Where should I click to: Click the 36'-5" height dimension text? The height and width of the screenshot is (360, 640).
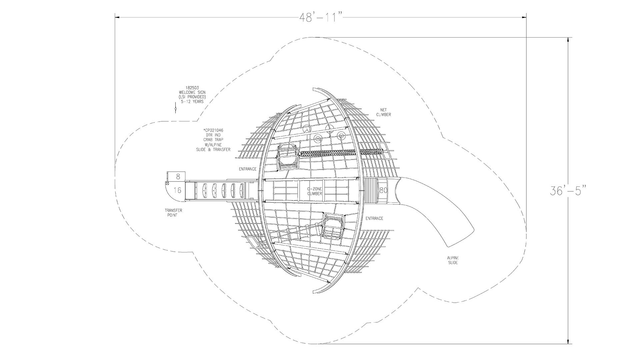tap(568, 190)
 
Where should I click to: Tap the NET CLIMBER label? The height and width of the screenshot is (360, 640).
tap(383, 112)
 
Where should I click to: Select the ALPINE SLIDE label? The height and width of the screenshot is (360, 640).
tap(453, 260)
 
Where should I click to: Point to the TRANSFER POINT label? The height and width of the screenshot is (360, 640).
tap(173, 213)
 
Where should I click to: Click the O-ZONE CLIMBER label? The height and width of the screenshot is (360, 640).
tap(314, 191)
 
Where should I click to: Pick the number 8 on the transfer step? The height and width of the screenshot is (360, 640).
tap(178, 176)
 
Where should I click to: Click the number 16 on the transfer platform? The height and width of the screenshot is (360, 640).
tap(178, 190)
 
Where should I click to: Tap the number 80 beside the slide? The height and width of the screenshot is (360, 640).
tap(383, 190)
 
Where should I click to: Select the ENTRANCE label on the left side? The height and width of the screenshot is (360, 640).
tap(248, 169)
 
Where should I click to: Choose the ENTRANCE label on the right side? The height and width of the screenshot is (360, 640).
tap(374, 218)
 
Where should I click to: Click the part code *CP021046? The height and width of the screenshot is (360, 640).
tap(213, 130)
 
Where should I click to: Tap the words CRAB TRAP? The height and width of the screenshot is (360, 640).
tap(213, 140)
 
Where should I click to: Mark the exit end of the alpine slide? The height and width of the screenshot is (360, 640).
tap(461, 239)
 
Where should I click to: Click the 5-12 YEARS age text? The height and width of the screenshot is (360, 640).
tap(192, 102)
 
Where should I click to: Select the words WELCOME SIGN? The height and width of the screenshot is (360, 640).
tap(192, 92)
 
